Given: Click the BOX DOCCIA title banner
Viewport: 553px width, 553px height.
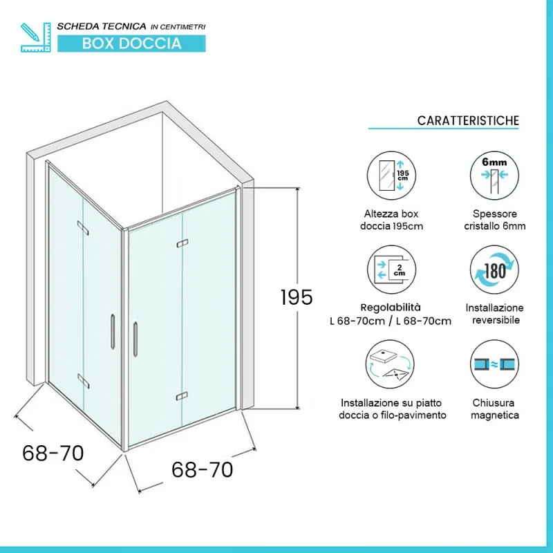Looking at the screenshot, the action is point(131,44).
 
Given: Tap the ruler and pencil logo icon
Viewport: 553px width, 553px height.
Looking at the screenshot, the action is point(36,37).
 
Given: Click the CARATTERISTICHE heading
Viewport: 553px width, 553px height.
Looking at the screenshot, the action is point(468,120).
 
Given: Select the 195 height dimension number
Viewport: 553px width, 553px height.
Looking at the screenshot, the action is point(297,297).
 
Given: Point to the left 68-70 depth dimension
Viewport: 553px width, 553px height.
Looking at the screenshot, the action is point(53,453).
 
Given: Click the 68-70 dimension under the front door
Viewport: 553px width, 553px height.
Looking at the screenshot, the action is point(202,469).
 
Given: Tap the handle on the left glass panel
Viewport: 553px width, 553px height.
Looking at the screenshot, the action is point(113,332).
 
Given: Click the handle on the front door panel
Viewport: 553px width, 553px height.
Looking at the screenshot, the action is point(135,339).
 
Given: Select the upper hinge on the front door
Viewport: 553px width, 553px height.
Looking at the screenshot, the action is point(182,243).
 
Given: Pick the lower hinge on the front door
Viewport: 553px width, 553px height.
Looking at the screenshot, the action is point(182,396).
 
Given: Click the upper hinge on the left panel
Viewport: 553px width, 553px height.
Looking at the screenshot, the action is point(83,228).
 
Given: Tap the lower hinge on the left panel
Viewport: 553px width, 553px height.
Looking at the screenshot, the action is point(83,382).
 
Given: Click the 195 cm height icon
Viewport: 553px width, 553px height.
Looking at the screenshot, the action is point(391,176).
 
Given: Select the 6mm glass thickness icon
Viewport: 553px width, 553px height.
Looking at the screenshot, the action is point(494,176).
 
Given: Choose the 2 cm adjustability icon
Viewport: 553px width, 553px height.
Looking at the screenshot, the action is point(391,270).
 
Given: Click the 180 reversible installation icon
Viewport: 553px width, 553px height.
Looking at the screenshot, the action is point(494,270).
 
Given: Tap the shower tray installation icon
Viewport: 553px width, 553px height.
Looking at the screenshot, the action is point(390,364).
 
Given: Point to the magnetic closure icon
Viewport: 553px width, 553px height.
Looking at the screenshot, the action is point(494,364).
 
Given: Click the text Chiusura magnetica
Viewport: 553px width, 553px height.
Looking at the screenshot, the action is point(494,409).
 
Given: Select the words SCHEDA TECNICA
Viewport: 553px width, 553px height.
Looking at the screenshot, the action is point(102,26).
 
